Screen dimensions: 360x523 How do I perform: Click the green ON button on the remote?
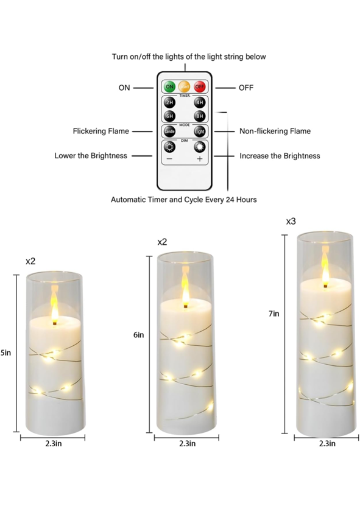coord(169,86)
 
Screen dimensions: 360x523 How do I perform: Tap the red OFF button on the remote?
coord(200,86)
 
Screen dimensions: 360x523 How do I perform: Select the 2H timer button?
coord(169,102)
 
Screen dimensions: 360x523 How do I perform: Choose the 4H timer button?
coord(200,102)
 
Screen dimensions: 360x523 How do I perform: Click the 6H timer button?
coord(169,116)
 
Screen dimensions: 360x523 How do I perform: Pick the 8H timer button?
coord(200,116)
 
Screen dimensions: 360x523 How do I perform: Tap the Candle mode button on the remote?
coord(169,132)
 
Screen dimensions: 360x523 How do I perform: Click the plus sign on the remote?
coord(200,159)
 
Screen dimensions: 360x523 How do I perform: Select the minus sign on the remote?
coord(169,159)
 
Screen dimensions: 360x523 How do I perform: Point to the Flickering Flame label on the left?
coord(101,131)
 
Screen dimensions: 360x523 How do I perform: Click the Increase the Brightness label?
coord(280,156)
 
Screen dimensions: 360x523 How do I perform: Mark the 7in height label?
coord(274,314)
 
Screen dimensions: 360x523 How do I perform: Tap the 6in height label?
coord(139,334)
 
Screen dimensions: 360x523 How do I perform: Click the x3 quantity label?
coord(291,222)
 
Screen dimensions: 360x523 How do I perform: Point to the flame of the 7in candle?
coord(325,266)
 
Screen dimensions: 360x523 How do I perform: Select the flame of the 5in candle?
coord(54,304)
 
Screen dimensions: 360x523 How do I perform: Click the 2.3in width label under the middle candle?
coord(187,443)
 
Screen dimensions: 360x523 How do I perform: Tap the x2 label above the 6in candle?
coord(162,242)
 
